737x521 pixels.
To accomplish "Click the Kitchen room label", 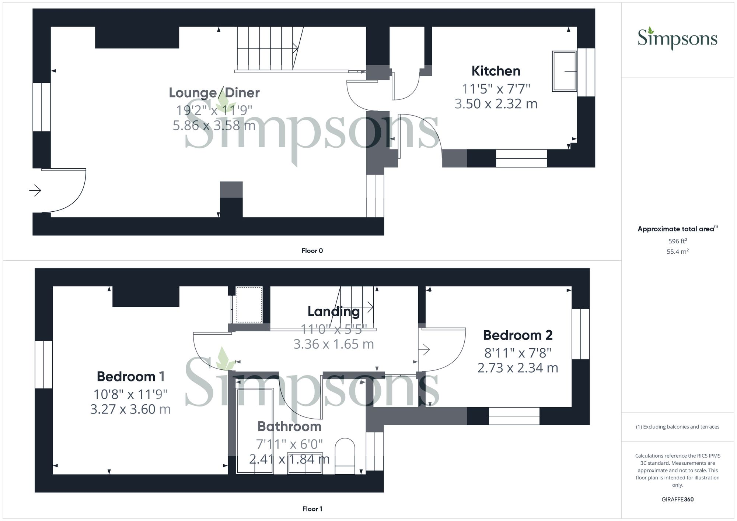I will (x=496, y=71).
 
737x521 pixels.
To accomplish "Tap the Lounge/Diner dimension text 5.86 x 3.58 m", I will (x=214, y=126).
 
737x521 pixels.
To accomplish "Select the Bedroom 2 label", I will (x=517, y=335).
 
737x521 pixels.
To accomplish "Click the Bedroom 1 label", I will (x=130, y=376).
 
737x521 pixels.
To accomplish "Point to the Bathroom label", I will (x=289, y=426).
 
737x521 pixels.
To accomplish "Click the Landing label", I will (x=333, y=311).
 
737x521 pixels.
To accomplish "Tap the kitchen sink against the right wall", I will (x=564, y=71).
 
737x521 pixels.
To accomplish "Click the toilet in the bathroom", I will (x=345, y=455).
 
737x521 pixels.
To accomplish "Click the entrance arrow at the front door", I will (x=35, y=190).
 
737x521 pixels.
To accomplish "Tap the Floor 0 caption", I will (x=312, y=251).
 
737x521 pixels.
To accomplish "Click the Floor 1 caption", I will (x=312, y=509).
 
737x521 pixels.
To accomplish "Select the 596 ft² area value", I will (x=677, y=241).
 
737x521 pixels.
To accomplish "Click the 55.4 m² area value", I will (x=677, y=252).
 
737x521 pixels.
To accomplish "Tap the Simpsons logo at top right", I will (x=677, y=39).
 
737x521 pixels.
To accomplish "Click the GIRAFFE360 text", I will (x=677, y=500).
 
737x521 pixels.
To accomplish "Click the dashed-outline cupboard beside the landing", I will (x=249, y=304).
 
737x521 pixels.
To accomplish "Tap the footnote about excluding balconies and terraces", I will (x=677, y=427).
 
